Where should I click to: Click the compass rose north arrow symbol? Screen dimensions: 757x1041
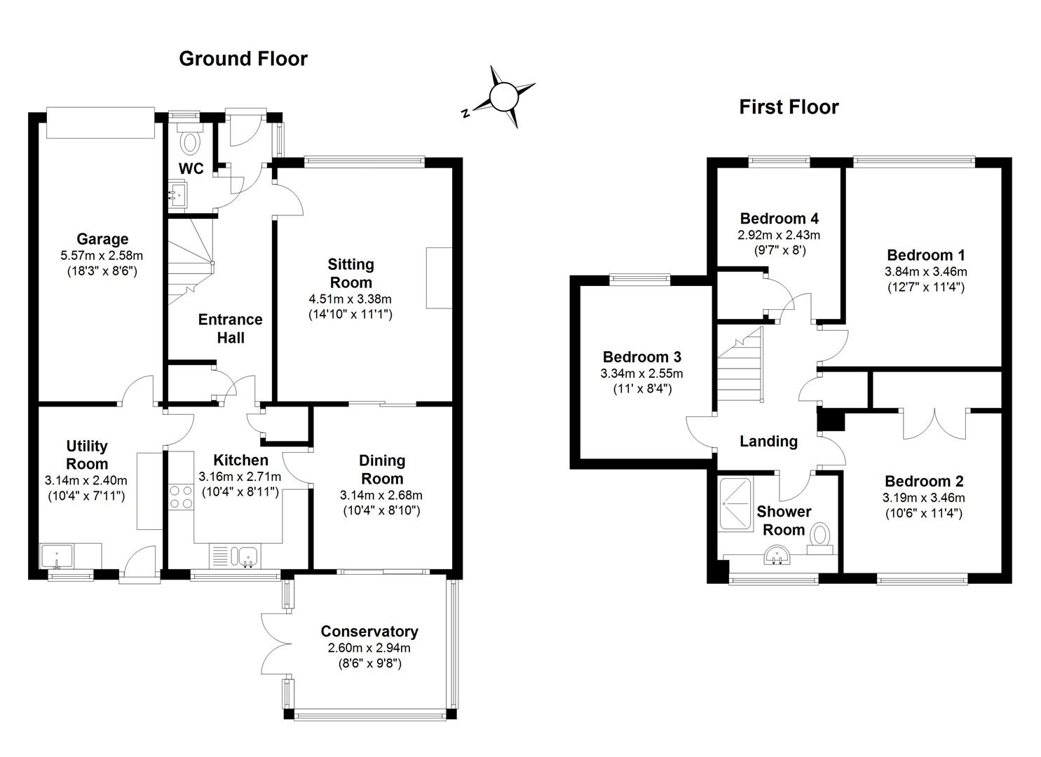pos(502,97)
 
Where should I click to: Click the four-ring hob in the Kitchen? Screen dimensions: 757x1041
pos(180,497)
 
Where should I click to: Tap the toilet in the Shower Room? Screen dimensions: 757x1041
pos(819,538)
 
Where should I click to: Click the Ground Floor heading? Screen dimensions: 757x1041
pos(243,58)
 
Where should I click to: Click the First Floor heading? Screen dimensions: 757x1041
pos(789,107)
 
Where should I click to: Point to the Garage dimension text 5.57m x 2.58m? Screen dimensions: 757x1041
pos(102,256)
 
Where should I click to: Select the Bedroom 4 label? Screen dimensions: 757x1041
pos(779,218)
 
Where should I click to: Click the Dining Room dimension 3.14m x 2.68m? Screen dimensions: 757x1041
pos(381,495)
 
